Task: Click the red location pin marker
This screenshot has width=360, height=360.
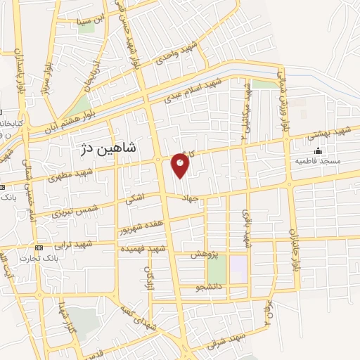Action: tap(181, 165)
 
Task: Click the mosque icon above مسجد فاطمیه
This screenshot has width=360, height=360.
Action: tap(318, 150)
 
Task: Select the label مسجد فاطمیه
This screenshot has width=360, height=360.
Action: tap(320, 161)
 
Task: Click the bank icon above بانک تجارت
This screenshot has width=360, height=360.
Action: tap(38, 247)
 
